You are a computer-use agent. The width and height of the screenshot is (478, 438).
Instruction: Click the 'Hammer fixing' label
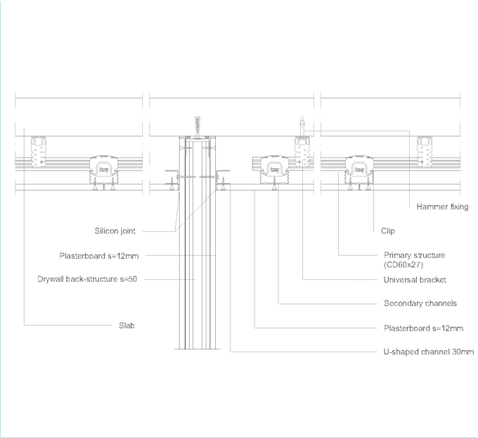(x=442, y=207)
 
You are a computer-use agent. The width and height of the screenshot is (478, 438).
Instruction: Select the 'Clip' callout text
(x=388, y=231)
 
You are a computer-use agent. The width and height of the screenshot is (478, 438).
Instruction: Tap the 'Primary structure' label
(x=414, y=255)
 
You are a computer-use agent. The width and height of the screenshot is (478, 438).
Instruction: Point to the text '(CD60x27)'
(x=403, y=264)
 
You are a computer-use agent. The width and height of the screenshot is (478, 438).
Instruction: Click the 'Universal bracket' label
(x=415, y=280)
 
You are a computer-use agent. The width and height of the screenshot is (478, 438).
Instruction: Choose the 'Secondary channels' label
(x=420, y=303)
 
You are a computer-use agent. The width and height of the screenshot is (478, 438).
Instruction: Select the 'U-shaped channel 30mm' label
(x=429, y=352)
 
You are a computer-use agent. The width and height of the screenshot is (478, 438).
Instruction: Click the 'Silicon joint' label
(x=115, y=231)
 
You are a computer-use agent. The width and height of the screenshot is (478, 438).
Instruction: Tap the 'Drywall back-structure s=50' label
(x=87, y=279)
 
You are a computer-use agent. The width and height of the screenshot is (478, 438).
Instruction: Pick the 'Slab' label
(x=127, y=326)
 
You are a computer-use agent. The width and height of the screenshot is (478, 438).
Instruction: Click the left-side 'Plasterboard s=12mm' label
(x=99, y=256)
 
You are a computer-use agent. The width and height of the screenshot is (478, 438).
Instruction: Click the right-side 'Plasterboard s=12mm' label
(x=423, y=328)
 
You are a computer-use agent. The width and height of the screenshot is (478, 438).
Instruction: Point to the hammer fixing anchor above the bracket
(x=302, y=126)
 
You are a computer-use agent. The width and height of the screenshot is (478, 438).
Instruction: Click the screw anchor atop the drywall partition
(x=198, y=126)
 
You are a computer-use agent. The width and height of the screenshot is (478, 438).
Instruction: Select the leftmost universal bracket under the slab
(x=39, y=152)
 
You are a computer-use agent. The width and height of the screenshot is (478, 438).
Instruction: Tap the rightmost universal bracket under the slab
(x=425, y=152)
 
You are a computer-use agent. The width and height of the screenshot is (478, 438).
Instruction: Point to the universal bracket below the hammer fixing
(x=302, y=152)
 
